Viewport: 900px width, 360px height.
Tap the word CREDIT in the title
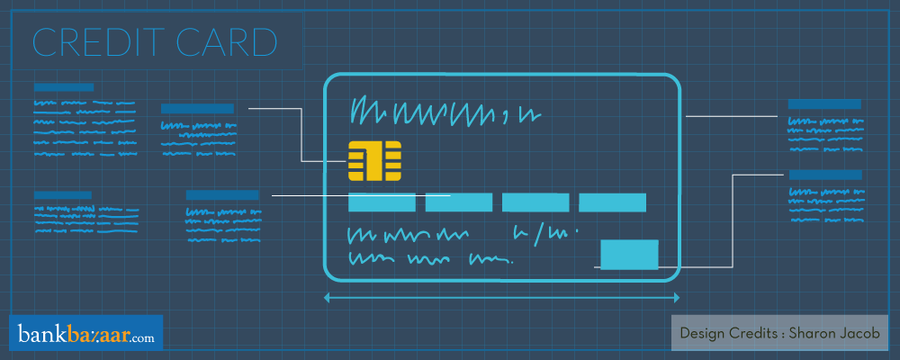pos(90,42)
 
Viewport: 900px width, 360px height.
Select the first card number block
pos(381,202)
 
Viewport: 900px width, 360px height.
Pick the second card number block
pos(457,202)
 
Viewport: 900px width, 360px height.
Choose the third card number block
pos(535,202)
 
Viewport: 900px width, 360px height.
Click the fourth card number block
pos(612,202)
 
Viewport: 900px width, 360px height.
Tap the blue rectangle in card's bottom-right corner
pos(629,255)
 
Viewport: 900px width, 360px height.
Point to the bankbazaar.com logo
pos(85,336)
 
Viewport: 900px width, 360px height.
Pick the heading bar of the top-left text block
pos(64,87)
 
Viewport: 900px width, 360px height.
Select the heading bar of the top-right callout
pos(824,103)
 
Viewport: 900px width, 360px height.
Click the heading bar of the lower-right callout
pos(824,175)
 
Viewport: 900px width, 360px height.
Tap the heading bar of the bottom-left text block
pos(64,194)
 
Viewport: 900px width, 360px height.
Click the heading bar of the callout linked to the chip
pos(197,109)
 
